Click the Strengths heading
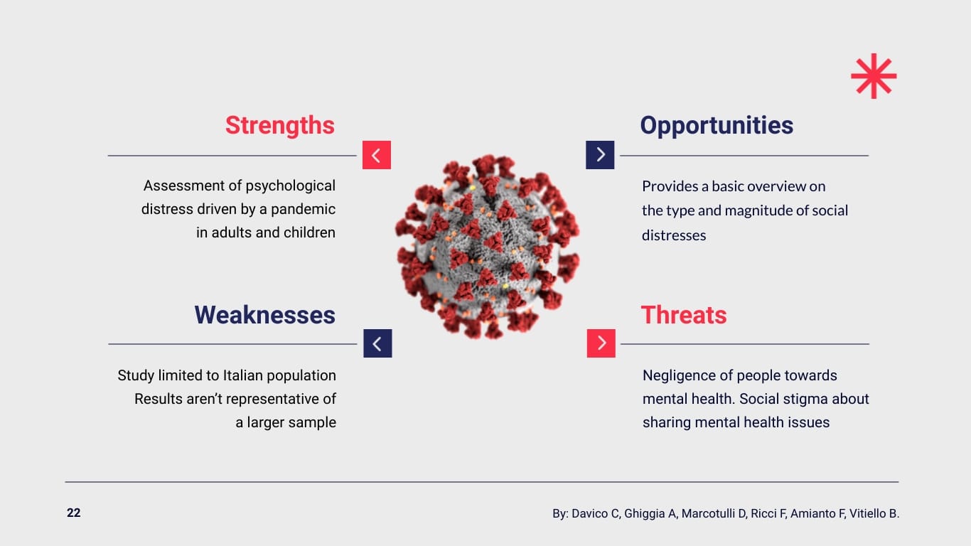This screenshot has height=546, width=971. point(279,125)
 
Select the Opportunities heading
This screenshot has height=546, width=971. point(717,125)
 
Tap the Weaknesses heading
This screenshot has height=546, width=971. point(264,315)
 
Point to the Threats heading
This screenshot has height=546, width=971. point(684,315)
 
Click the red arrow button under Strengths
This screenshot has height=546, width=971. point(377,155)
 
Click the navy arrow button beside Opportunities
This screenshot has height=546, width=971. point(600,155)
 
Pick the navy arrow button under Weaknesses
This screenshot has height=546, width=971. point(377,343)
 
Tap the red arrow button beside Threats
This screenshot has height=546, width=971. point(601,343)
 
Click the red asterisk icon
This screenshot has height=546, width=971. point(874,76)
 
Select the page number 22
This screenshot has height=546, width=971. point(74,513)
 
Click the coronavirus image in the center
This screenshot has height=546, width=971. point(488,245)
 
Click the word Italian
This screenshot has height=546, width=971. point(244,375)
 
